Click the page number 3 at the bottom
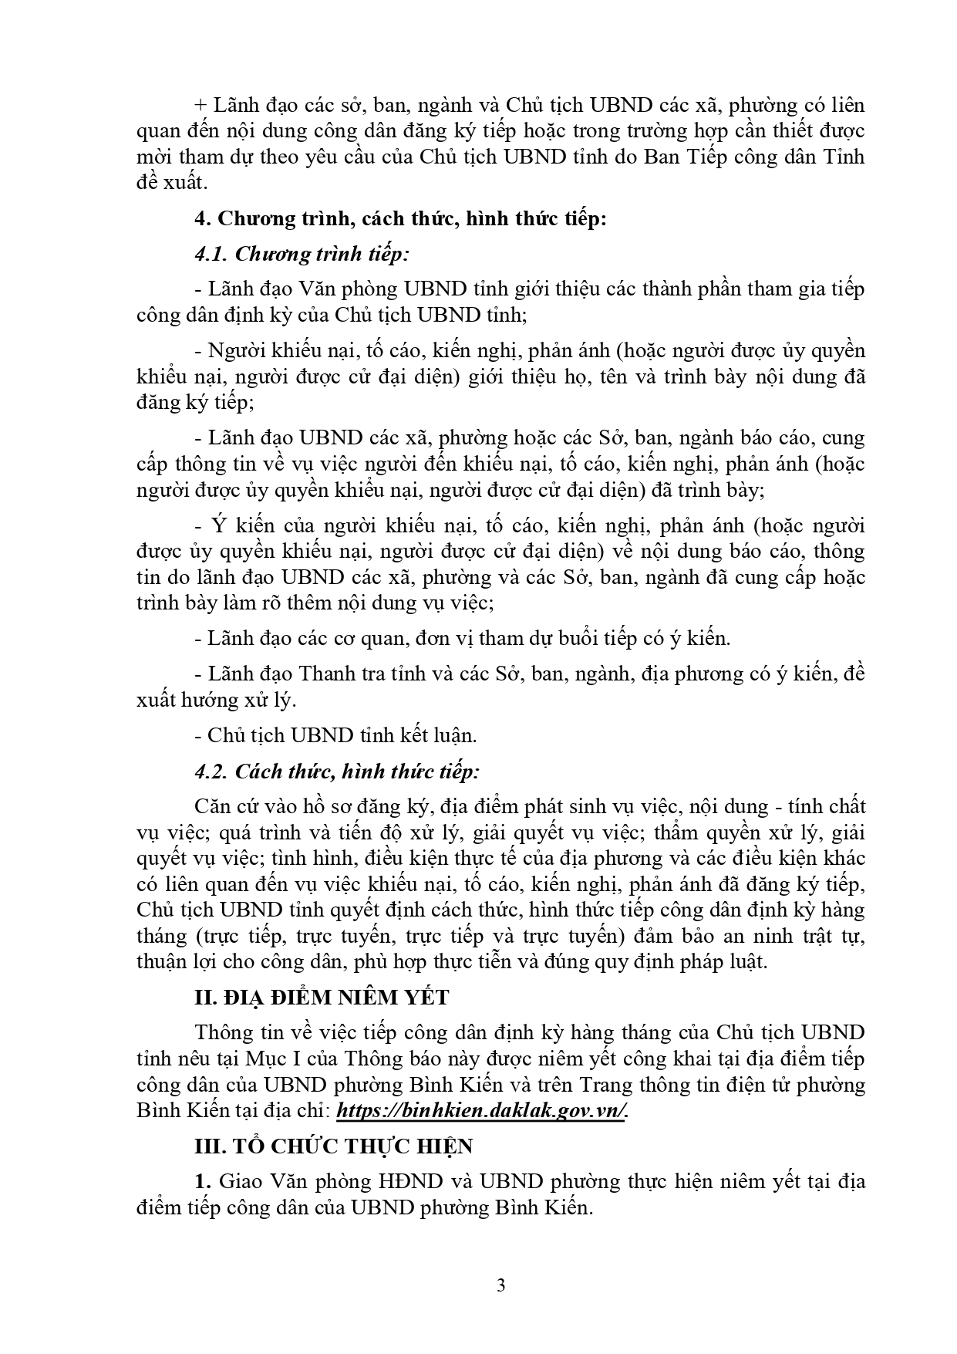point(500,1285)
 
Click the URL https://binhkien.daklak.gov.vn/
point(483,1110)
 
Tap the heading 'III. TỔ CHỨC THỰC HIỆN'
point(333,1146)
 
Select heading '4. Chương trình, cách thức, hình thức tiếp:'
point(400,218)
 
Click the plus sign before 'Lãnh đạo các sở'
point(201,105)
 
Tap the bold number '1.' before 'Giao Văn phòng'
point(203,1181)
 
